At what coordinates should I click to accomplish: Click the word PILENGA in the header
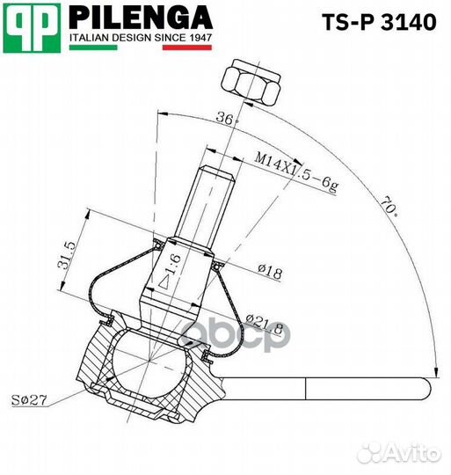(140, 18)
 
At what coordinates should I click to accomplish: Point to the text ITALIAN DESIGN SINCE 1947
(141, 38)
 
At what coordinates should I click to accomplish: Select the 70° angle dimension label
(389, 209)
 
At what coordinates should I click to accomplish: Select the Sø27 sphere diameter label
(32, 401)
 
